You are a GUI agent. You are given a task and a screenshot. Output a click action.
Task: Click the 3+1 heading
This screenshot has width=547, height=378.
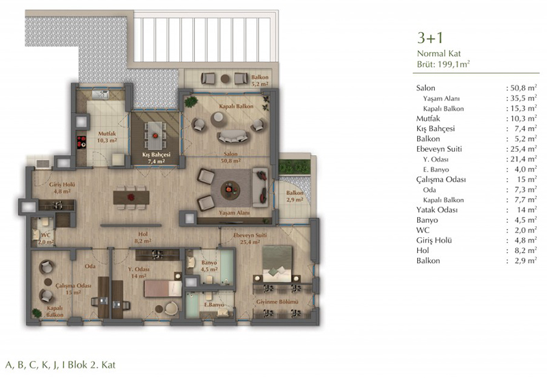pyautogui.click(x=430, y=38)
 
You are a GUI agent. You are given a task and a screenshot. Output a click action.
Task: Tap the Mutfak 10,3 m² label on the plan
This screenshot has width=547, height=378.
pyautogui.click(x=107, y=137)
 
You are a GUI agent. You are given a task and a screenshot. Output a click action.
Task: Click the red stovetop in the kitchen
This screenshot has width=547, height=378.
pyautogui.click(x=81, y=142)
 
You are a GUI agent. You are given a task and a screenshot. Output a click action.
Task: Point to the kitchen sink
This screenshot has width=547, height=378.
pyautogui.click(x=101, y=94)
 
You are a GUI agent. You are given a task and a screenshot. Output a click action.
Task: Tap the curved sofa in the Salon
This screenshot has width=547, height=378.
pyautogui.click(x=232, y=136)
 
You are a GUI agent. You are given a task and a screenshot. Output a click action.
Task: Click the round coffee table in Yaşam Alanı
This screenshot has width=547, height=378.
pyautogui.click(x=230, y=190)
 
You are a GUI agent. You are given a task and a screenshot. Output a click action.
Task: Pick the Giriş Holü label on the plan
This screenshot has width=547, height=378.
pyautogui.click(x=62, y=185)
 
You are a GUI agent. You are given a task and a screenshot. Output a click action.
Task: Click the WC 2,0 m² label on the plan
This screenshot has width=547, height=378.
pyautogui.click(x=46, y=239)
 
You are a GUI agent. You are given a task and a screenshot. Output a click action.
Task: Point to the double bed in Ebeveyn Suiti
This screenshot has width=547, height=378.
pyautogui.click(x=277, y=264)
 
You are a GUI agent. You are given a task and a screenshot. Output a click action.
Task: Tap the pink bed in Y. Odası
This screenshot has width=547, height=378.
pyautogui.click(x=163, y=288)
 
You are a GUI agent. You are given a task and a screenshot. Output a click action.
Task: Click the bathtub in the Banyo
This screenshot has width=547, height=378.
pyautogui.click(x=227, y=266)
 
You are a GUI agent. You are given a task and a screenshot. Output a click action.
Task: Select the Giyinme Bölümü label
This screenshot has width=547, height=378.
pyautogui.click(x=278, y=302)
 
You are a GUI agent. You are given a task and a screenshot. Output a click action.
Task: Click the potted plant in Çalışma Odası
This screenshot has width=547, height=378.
pyautogui.click(x=37, y=313)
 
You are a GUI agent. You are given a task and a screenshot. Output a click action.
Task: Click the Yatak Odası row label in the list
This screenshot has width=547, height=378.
pyautogui.click(x=437, y=210)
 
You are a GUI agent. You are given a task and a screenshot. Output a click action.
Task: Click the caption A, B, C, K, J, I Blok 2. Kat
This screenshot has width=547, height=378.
pyautogui.click(x=60, y=365)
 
